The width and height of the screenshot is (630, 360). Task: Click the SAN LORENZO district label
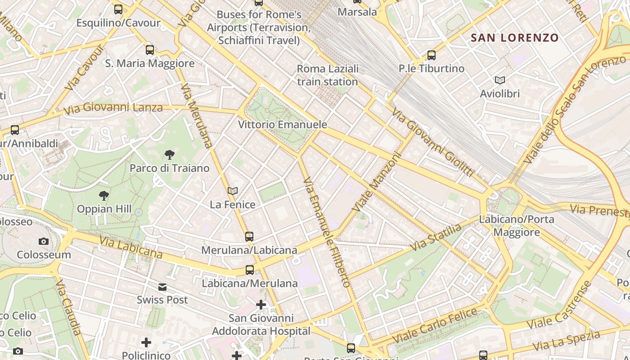(x=514, y=38)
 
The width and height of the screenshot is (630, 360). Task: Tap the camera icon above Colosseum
(x=44, y=242)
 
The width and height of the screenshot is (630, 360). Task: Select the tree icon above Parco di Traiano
(x=169, y=155)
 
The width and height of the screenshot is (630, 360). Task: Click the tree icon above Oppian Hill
(x=104, y=196)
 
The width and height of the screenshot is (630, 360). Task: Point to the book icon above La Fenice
(x=233, y=191)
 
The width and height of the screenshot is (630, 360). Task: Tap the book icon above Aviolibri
(x=499, y=81)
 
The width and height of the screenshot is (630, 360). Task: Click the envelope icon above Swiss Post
(x=162, y=287)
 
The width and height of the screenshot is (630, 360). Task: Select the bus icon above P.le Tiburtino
(x=432, y=55)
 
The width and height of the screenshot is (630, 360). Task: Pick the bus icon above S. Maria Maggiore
(x=150, y=50)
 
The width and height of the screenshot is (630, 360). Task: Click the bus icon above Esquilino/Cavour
(x=118, y=9)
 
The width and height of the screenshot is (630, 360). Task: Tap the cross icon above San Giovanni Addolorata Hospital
(x=261, y=305)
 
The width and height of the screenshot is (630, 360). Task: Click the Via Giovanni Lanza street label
(x=113, y=108)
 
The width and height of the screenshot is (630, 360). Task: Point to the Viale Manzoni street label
(x=376, y=183)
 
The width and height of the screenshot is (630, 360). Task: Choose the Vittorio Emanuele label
(x=283, y=125)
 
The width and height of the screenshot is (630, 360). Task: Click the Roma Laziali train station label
(x=328, y=75)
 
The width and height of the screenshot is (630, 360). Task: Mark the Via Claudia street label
(x=69, y=307)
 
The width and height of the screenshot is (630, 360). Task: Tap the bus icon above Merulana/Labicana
(x=249, y=236)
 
